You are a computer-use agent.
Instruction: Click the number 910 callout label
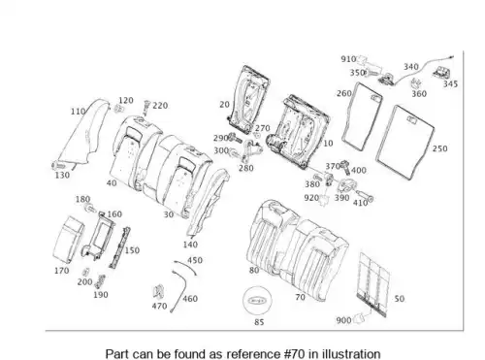(x=348, y=59)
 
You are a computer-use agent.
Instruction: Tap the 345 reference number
(x=450, y=84)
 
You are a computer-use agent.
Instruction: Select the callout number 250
(x=440, y=148)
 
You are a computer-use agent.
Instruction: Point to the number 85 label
(x=259, y=322)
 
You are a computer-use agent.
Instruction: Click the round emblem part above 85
(x=257, y=301)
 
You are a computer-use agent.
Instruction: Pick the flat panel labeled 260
(x=362, y=116)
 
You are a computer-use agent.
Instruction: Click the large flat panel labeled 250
(x=405, y=142)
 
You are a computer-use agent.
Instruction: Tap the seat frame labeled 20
(x=248, y=100)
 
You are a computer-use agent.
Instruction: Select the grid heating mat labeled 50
(x=373, y=284)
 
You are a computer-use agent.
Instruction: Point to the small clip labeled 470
(x=159, y=291)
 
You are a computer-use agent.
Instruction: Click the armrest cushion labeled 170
(x=68, y=240)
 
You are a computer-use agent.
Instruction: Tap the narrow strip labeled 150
(x=119, y=247)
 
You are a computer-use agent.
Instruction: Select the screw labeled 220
(x=146, y=108)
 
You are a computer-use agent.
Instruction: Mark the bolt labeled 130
(x=58, y=166)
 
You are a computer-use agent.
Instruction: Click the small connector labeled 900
(x=359, y=318)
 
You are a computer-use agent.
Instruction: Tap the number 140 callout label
(x=190, y=245)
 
